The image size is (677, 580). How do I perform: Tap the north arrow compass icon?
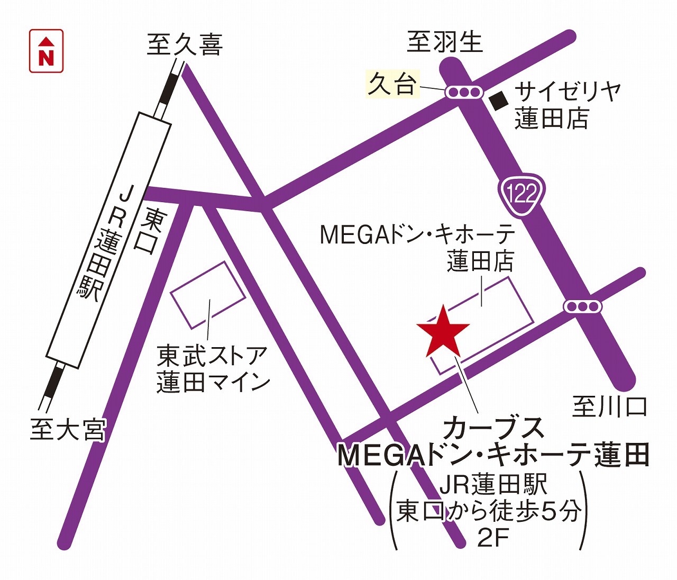point(47,51)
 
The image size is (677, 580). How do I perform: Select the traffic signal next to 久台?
point(464,92)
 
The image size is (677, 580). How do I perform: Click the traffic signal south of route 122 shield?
point(582,306)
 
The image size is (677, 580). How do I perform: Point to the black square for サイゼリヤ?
point(498,100)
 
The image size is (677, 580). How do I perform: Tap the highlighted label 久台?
point(392,84)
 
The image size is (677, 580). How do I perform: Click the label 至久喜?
point(185,44)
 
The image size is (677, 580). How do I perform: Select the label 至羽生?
point(445,42)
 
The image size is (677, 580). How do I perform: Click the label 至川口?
point(610,406)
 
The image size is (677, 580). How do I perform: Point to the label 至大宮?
point(68,430)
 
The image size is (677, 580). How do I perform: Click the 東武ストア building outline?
point(208,294)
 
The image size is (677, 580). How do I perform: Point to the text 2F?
point(492,539)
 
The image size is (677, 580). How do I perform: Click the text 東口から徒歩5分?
point(489,511)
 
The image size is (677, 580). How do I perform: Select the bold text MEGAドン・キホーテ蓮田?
point(493,455)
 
